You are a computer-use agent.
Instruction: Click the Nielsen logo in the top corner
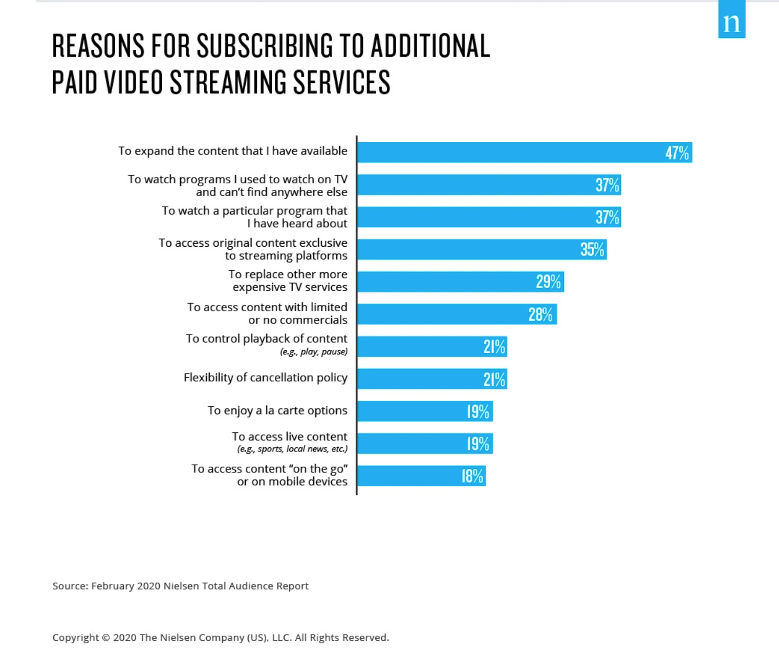click(731, 20)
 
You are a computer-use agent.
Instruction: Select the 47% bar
click(524, 153)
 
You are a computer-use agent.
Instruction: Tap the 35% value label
click(592, 249)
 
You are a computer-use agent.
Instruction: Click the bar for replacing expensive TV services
click(460, 282)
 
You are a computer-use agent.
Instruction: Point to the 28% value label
click(540, 314)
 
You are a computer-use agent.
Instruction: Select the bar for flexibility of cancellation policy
click(432, 379)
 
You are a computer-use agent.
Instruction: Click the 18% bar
click(421, 476)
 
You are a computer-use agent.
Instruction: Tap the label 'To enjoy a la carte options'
click(277, 410)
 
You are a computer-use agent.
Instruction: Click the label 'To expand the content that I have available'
click(232, 151)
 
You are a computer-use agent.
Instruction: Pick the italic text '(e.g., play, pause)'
click(313, 352)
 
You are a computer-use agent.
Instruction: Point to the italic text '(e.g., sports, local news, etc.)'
click(292, 449)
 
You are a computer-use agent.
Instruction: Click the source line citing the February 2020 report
click(180, 586)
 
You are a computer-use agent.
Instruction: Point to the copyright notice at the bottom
click(220, 638)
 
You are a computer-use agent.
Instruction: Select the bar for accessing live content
click(425, 444)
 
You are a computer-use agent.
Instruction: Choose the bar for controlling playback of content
click(432, 346)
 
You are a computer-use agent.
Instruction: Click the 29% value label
click(548, 281)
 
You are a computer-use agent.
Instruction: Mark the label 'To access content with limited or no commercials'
click(267, 313)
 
